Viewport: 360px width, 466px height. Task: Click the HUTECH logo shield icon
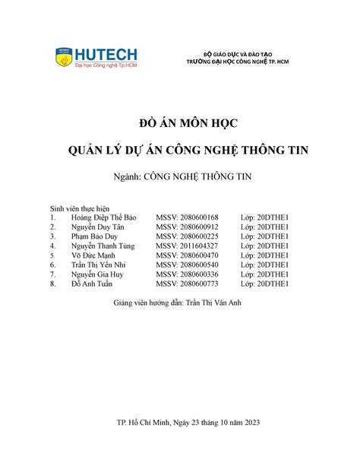click(x=63, y=56)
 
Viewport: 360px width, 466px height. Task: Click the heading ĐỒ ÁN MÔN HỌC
click(x=180, y=125)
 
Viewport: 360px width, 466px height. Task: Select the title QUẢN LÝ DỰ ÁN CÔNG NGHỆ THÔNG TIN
click(x=180, y=151)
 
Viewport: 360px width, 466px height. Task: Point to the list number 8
click(x=52, y=284)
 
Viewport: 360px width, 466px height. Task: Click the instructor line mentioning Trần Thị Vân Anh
click(x=180, y=303)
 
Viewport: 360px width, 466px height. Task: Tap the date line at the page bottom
click(x=180, y=423)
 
